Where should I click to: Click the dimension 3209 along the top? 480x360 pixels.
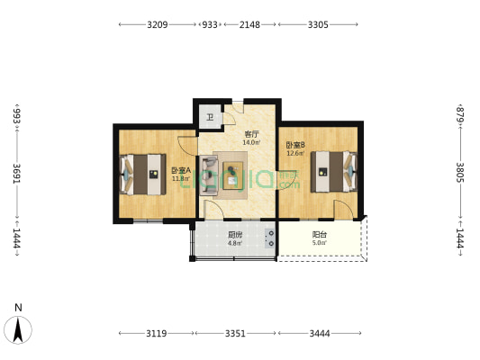158,24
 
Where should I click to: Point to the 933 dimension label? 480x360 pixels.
210,24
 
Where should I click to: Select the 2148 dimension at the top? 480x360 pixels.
249,24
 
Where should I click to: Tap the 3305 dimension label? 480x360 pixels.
318,24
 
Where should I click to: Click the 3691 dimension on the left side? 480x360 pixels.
17,174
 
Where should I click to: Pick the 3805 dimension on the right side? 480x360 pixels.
460,172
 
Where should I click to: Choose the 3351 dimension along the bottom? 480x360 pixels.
235,333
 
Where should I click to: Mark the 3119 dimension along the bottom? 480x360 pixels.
156,333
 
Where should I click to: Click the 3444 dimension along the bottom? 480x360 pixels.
320,333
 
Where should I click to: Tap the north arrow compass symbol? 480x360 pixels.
18,329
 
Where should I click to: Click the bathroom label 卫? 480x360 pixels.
210,118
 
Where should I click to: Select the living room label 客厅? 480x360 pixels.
251,134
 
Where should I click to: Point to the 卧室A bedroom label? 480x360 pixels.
181,170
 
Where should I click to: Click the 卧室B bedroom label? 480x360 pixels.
295,145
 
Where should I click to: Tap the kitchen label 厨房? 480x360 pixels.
235,235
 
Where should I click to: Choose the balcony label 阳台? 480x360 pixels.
320,235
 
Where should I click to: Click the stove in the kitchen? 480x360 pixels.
270,238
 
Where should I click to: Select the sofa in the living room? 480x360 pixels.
209,175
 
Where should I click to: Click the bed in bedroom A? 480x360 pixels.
142,175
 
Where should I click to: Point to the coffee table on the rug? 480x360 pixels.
233,175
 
